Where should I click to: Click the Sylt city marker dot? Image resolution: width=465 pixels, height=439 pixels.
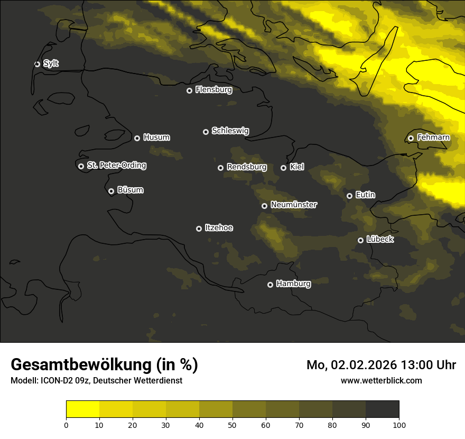pos(37,64)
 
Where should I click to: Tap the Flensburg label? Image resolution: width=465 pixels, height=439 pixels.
pos(213,90)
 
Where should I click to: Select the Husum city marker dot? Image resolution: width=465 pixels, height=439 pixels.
pos(137,138)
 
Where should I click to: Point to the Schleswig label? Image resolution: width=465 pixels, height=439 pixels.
pos(230,131)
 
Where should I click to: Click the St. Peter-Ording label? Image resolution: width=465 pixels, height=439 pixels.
pos(116,166)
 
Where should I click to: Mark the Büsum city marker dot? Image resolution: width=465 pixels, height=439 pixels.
pos(111,191)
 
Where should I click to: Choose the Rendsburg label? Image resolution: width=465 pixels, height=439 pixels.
pos(246,167)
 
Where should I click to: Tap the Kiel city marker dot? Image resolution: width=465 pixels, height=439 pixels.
pos(283,168)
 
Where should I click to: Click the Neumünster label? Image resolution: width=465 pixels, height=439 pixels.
pos(293,205)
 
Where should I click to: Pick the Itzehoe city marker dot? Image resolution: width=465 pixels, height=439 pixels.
pos(199,228)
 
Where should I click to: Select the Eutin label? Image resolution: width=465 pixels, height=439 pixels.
pos(365,195)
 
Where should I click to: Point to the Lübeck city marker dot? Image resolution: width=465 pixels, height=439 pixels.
pos(360,240)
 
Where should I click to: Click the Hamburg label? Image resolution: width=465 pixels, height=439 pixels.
pos(293,284)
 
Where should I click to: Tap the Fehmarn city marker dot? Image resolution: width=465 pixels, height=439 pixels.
pos(411,138)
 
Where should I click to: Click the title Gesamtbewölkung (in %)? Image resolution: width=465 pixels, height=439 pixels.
pos(104,365)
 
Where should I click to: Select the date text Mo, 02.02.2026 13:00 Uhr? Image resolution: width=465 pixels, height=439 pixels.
pos(381,365)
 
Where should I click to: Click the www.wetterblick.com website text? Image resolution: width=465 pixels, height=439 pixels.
pos(381,380)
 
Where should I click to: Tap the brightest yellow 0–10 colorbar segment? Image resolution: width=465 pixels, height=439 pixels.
pos(82,409)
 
